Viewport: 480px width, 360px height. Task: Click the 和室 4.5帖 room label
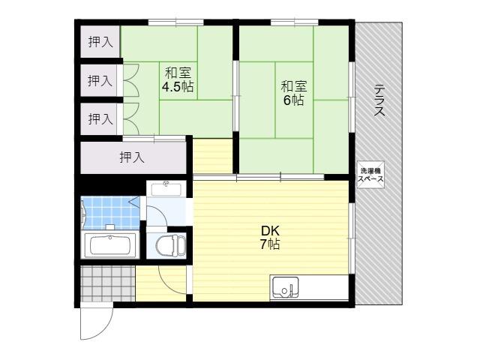coord(178,80)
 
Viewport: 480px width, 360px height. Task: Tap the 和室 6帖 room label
coord(294,93)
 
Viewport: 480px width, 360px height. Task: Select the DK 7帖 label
coord(270,237)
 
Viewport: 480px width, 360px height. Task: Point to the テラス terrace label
coord(379,100)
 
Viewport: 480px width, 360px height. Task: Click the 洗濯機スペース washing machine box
coord(370,175)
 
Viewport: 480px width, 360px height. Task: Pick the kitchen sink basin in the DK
coord(285,287)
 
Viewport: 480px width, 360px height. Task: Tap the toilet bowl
coord(170,245)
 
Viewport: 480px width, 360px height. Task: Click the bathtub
coord(110,245)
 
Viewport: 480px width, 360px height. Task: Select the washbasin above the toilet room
coord(166,188)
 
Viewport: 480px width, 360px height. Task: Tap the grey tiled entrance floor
coord(108,283)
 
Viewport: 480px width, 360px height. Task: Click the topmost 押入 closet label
coord(100,42)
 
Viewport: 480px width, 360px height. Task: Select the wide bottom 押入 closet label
coord(132,157)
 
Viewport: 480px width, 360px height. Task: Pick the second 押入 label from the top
coord(100,80)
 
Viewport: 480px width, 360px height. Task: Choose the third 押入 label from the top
coord(100,118)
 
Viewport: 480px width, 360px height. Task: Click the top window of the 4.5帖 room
coord(176,22)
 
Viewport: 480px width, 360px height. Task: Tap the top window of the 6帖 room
coord(295,22)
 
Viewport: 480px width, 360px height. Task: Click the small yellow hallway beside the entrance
coord(161,283)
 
